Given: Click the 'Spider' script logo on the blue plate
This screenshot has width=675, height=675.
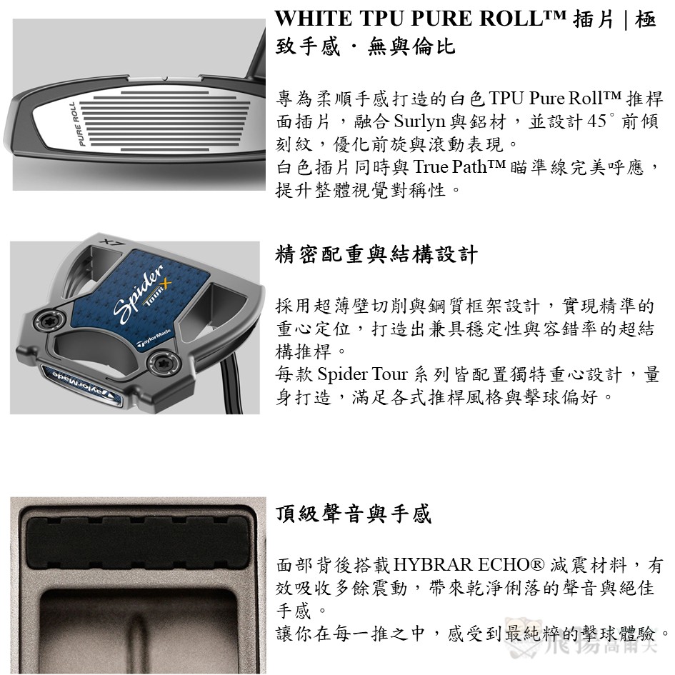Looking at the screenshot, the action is click(139, 292).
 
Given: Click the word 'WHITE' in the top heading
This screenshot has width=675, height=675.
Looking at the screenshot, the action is click(313, 19).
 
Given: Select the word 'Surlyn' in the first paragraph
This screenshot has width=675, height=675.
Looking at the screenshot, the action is click(419, 122).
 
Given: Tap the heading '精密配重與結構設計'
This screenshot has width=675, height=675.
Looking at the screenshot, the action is click(376, 254).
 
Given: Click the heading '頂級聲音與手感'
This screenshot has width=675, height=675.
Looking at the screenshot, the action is click(353, 514).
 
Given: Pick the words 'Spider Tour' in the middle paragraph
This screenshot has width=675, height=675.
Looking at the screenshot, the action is click(362, 374).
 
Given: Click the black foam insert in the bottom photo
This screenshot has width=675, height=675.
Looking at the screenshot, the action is click(138, 544).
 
